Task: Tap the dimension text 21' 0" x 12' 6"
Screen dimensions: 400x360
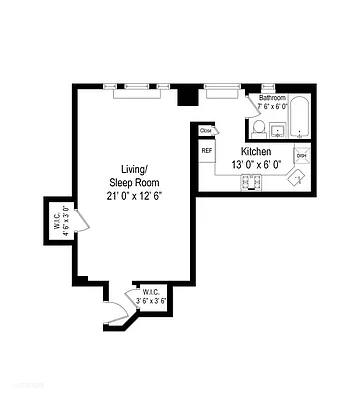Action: coord(135,195)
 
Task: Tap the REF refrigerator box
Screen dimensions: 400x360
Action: coord(207,152)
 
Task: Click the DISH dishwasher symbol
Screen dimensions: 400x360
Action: coord(300,156)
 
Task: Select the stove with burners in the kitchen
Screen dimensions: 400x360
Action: coord(250,183)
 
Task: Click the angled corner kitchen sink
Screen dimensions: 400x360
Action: coord(297,178)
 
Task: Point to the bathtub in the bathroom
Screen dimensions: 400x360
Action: coord(300,120)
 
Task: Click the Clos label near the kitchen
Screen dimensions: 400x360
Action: coord(206,130)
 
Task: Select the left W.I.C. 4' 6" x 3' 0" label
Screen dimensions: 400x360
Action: coord(61,219)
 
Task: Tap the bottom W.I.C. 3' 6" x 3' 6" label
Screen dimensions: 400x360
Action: coord(152,296)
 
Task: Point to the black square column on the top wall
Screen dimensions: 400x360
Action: coord(185,96)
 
